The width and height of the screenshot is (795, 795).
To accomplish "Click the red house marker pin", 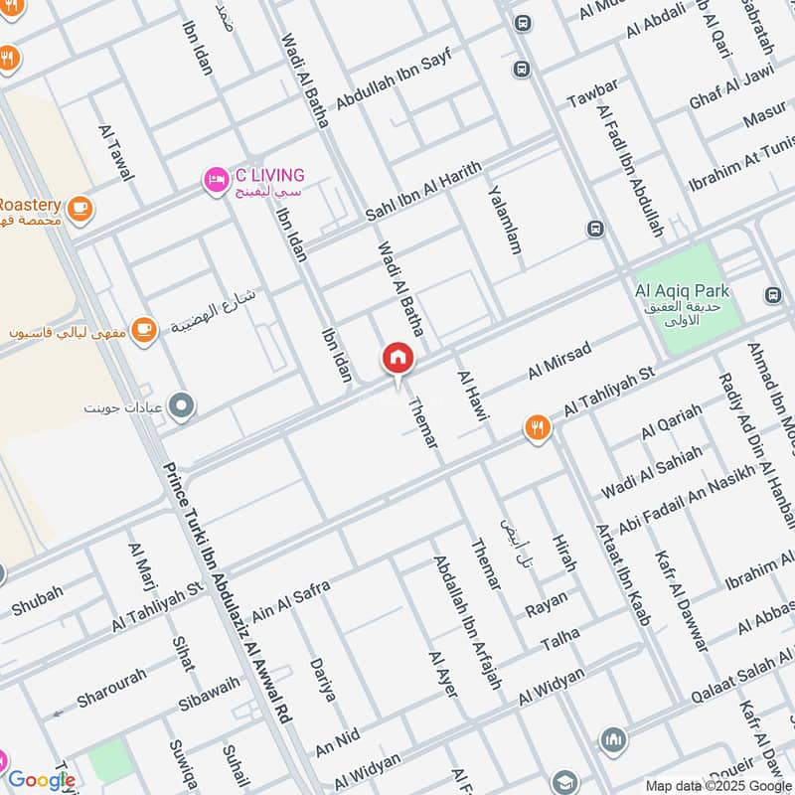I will [x=397, y=359].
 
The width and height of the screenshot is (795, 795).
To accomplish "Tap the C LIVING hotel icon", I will [x=216, y=180].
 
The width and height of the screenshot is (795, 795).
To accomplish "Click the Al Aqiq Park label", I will [x=683, y=291].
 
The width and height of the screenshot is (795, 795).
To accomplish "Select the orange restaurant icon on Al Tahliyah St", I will [x=538, y=428].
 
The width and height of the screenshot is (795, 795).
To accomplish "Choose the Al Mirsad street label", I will [x=559, y=361].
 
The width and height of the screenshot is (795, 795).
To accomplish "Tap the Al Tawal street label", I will [x=116, y=152].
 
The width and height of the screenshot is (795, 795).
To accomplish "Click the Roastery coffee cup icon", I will [x=80, y=207].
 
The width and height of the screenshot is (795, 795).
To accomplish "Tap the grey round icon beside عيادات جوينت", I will [x=182, y=404].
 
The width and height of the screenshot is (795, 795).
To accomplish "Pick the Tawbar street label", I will [x=592, y=93].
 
